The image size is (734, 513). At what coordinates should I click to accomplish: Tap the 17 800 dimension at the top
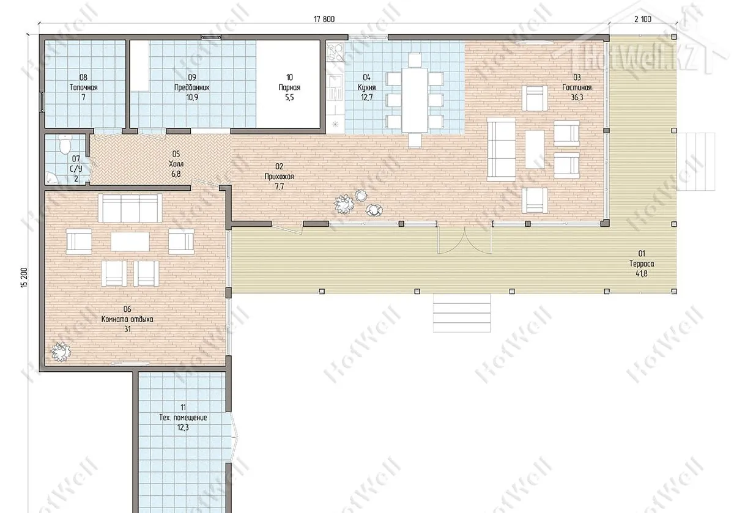[324, 20]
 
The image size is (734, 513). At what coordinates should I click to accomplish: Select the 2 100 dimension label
[643, 20]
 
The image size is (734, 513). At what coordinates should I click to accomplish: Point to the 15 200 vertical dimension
[24, 278]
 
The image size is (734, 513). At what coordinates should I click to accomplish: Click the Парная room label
[289, 87]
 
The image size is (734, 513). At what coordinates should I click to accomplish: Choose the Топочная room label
[83, 87]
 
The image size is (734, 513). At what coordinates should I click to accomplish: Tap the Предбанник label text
[191, 87]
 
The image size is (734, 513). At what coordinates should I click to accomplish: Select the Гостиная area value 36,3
[577, 97]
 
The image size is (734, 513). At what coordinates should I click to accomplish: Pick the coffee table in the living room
[535, 149]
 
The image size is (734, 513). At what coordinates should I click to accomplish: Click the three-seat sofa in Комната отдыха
[130, 209]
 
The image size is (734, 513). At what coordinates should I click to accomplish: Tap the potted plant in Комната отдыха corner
[61, 352]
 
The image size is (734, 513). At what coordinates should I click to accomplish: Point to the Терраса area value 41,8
[641, 273]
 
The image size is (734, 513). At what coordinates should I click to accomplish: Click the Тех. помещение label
[183, 418]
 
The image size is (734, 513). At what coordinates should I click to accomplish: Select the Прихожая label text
[279, 177]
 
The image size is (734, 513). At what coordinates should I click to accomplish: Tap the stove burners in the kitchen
[336, 53]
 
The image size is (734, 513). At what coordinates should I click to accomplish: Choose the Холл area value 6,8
[176, 174]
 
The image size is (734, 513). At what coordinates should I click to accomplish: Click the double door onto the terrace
[465, 239]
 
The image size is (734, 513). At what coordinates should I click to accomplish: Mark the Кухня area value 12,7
[366, 97]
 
